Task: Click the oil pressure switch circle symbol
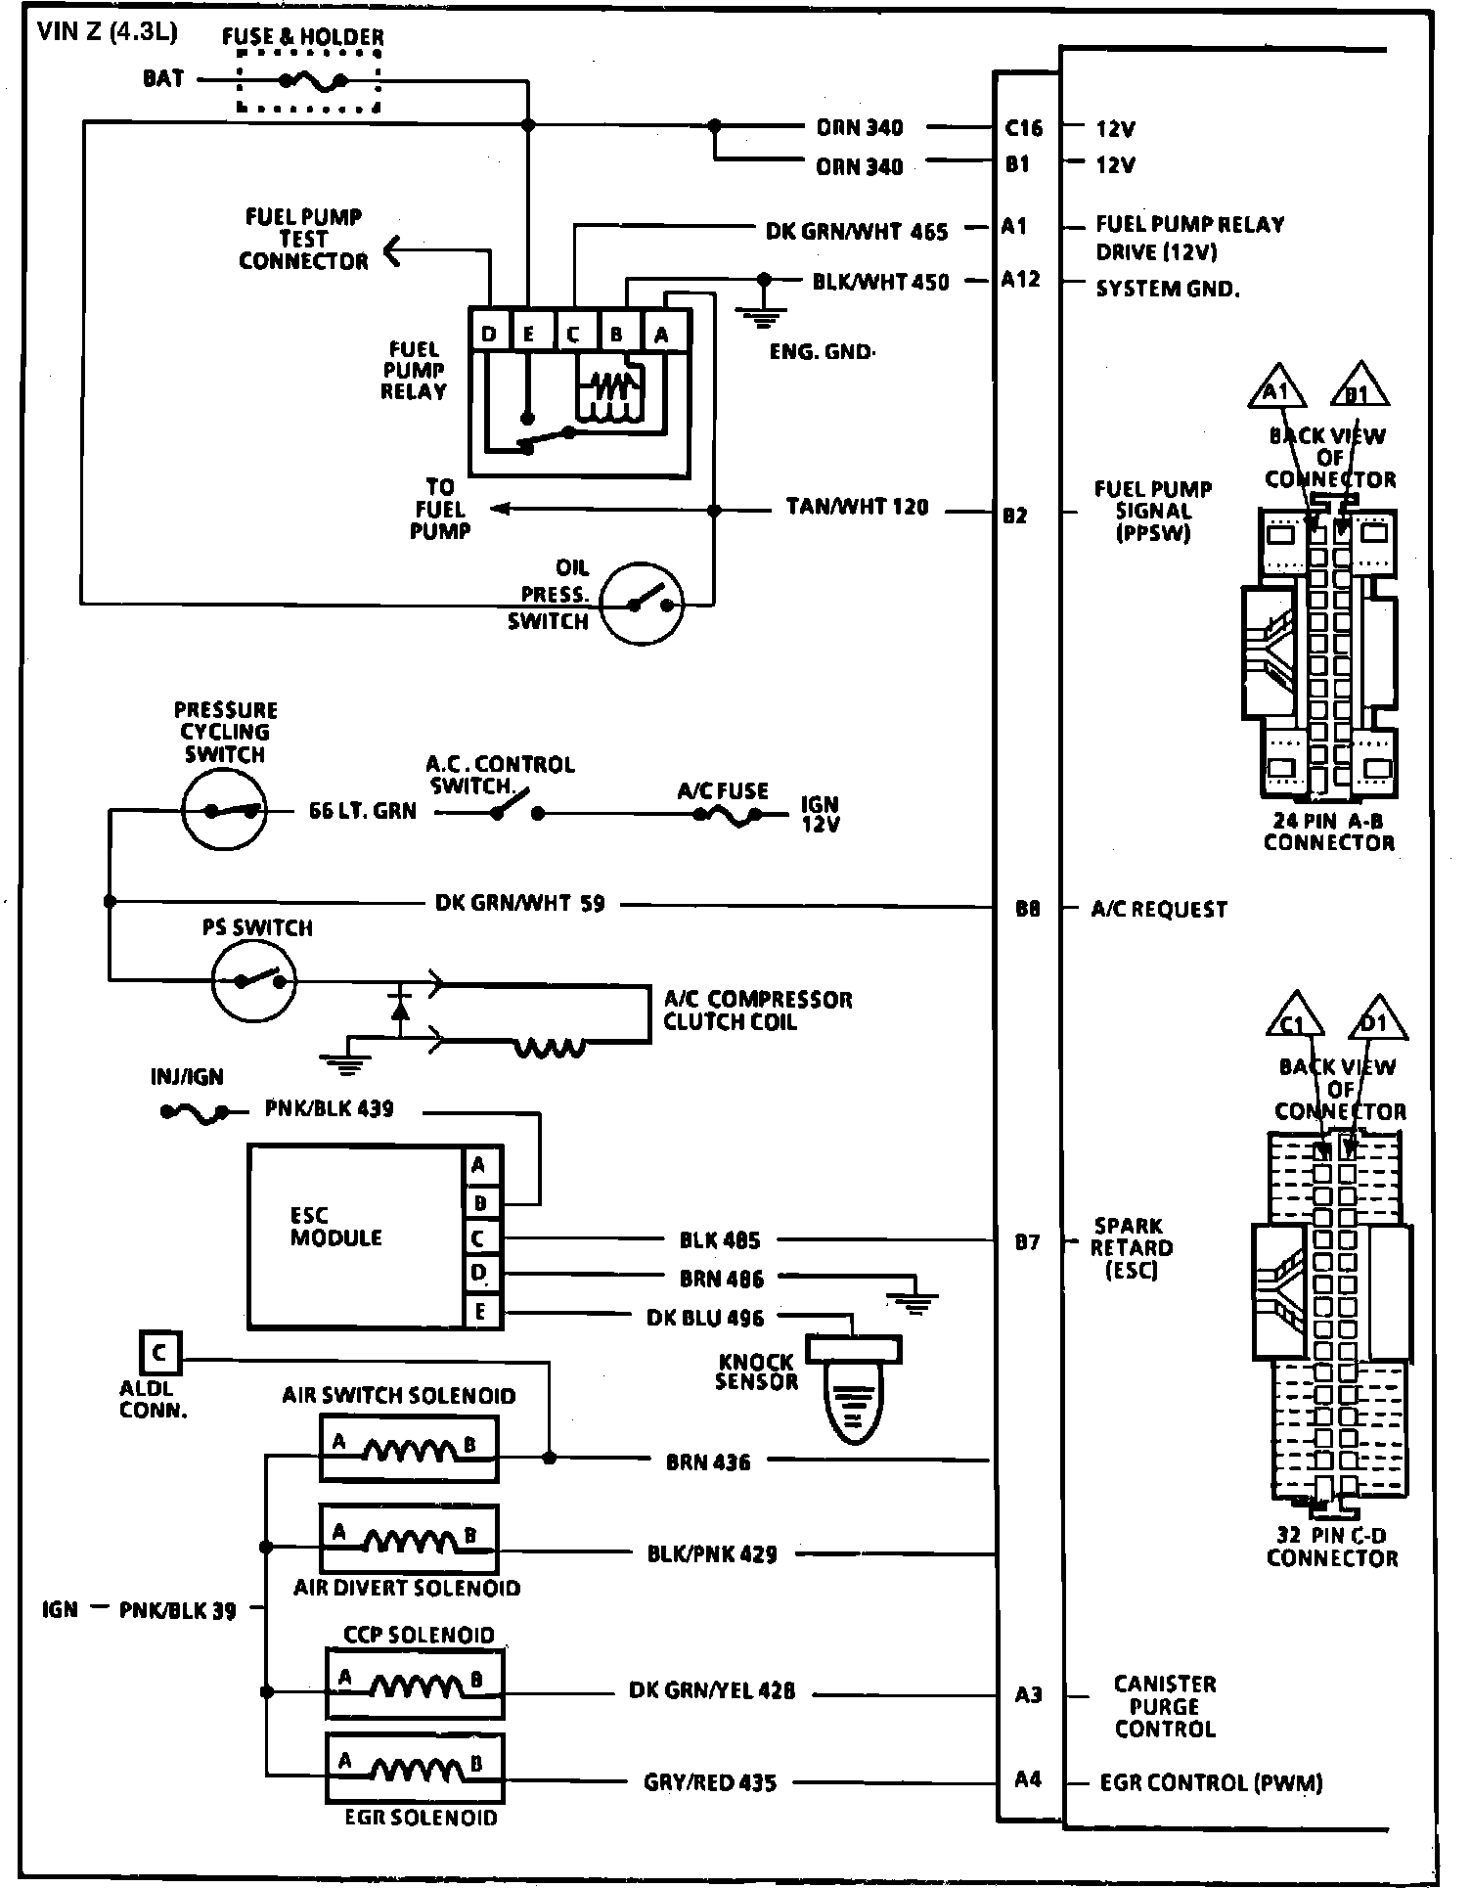pyautogui.click(x=641, y=604)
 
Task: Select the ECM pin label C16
pyautogui.click(x=1024, y=127)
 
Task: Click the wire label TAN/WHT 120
pyautogui.click(x=857, y=508)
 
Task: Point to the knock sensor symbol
pyautogui.click(x=853, y=1389)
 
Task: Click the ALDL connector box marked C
pyautogui.click(x=159, y=1355)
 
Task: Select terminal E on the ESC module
pyautogui.click(x=480, y=1311)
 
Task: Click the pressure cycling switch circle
pyautogui.click(x=224, y=810)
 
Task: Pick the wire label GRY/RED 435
pyautogui.click(x=710, y=1782)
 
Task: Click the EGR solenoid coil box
pyautogui.click(x=415, y=1768)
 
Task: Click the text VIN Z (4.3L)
pyautogui.click(x=107, y=32)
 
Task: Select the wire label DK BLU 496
pyautogui.click(x=705, y=1318)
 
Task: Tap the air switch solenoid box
pyautogui.click(x=409, y=1449)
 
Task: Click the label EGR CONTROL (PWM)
pyautogui.click(x=1211, y=1782)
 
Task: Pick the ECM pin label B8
pyautogui.click(x=1027, y=909)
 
